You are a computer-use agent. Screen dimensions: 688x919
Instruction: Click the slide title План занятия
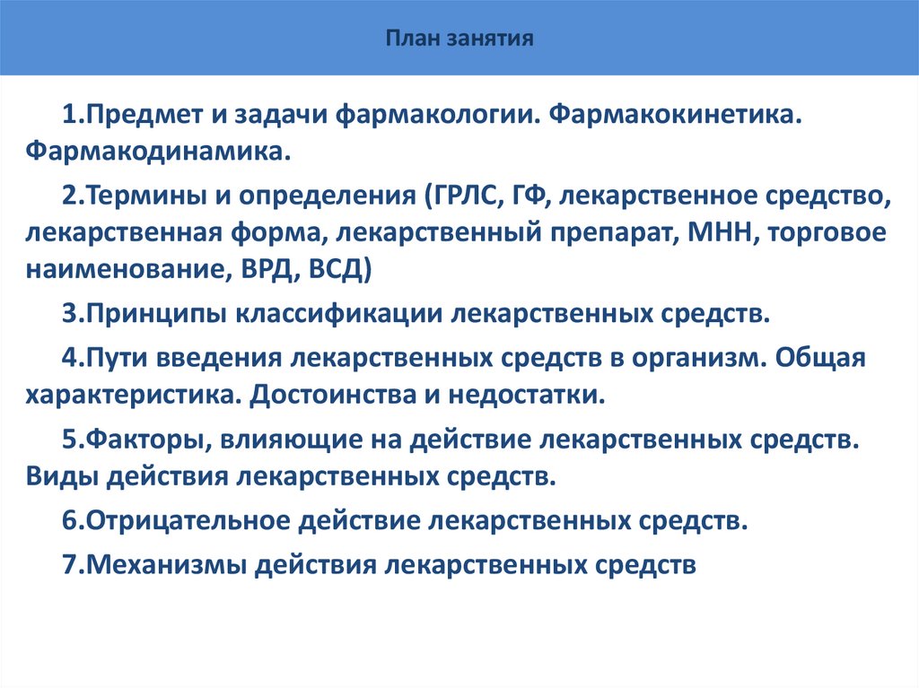(459, 39)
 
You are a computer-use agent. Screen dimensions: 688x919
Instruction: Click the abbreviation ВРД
(261, 271)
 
